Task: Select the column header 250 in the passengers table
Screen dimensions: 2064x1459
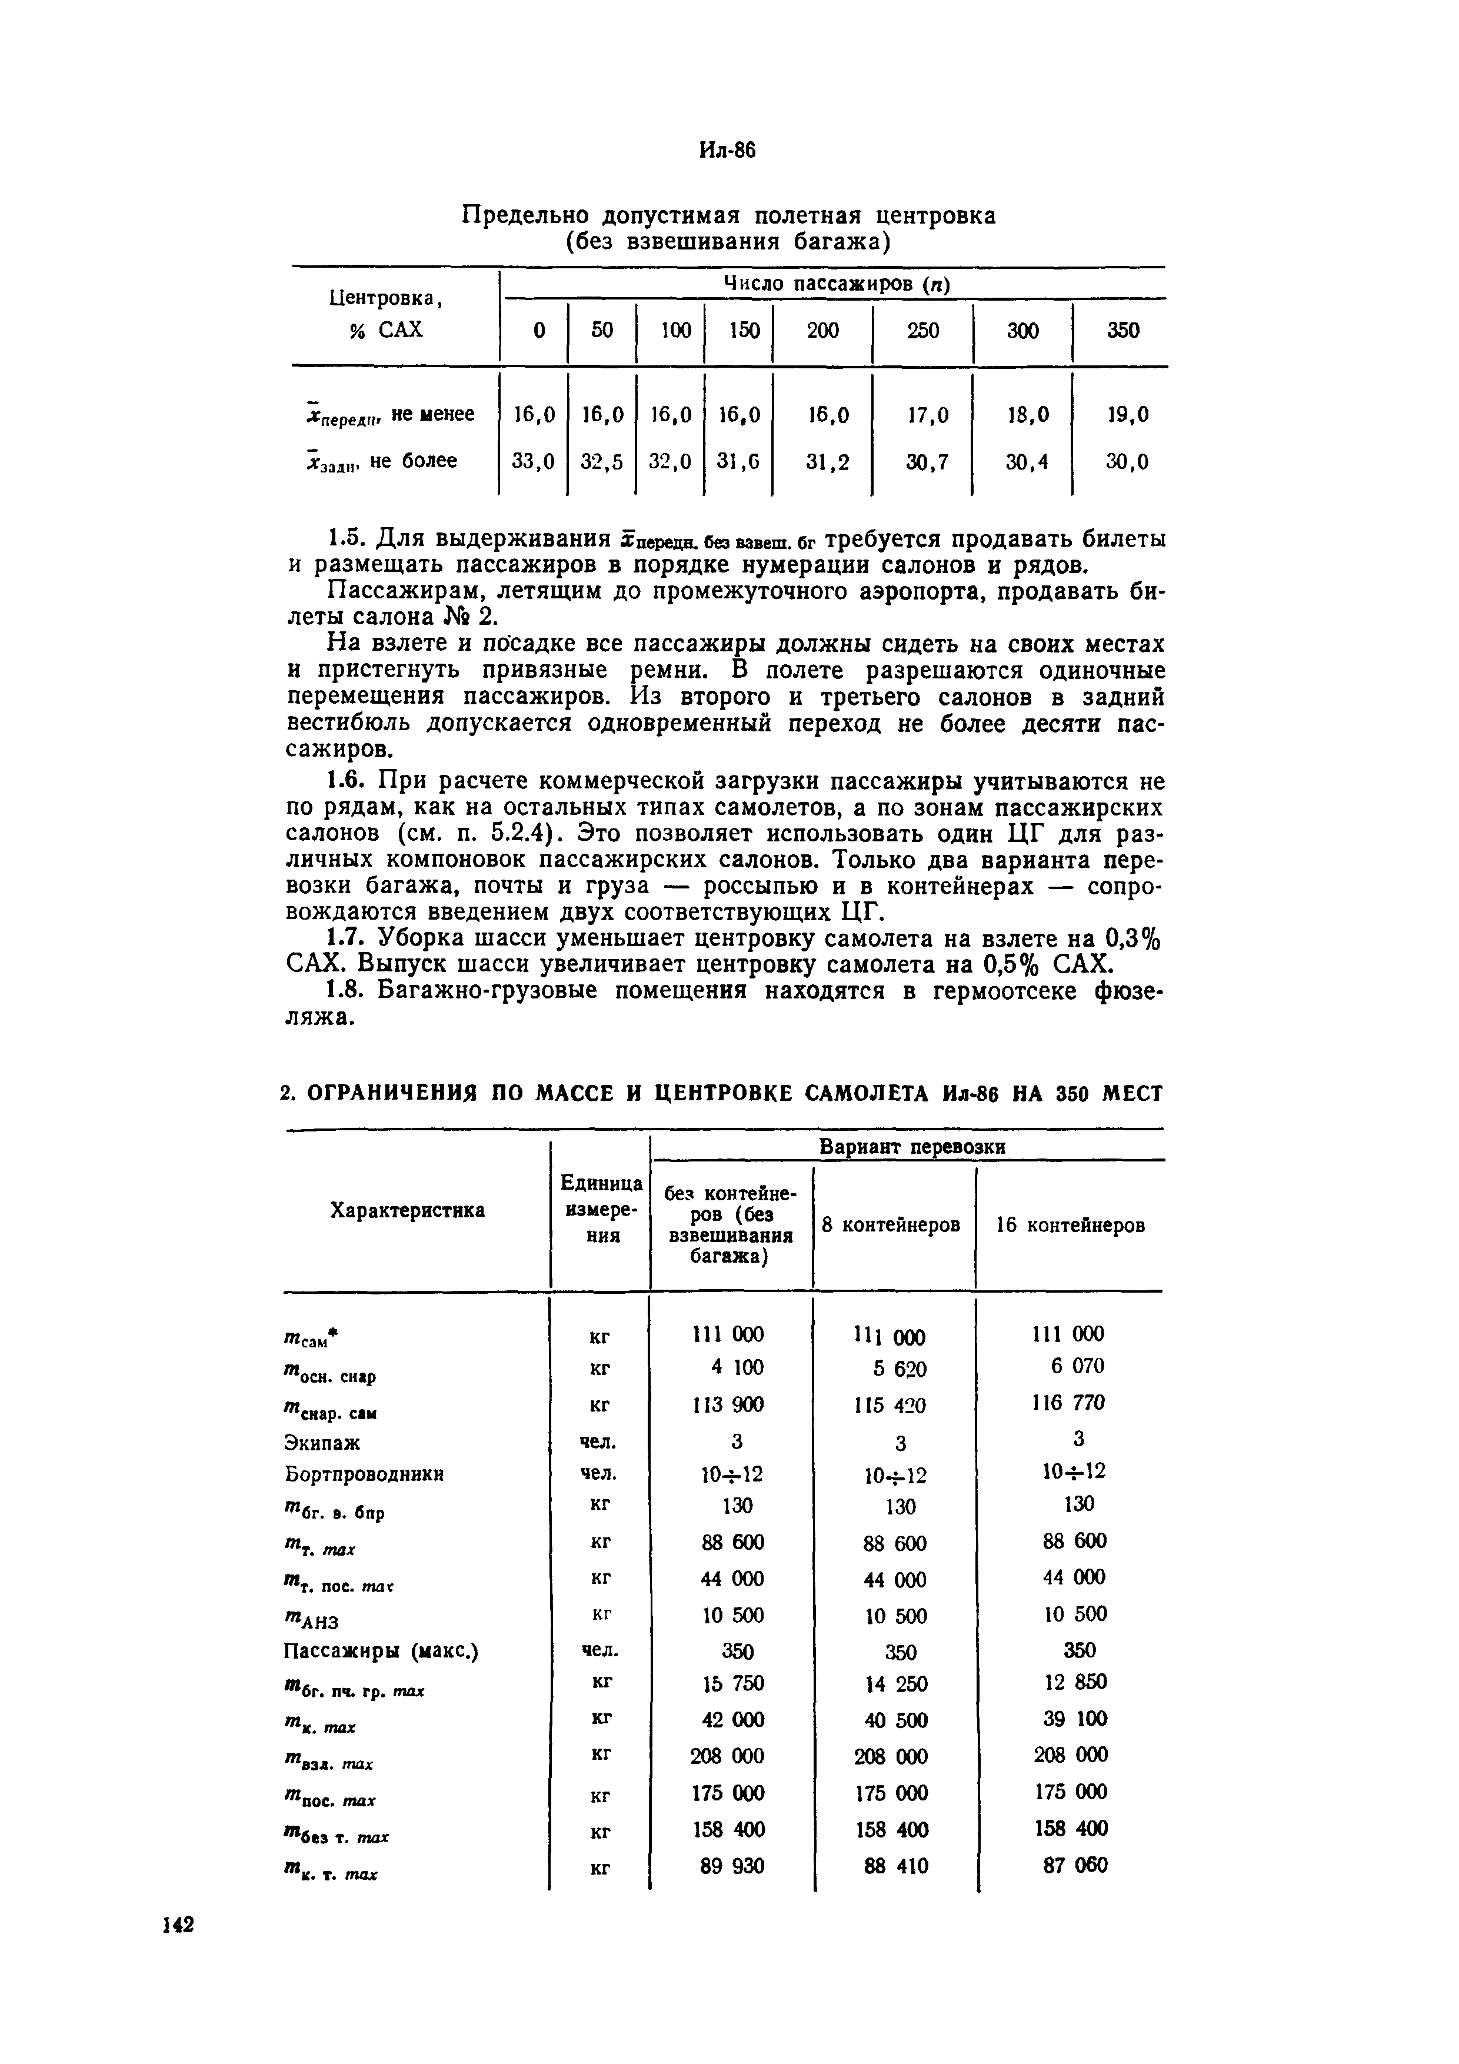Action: tap(922, 330)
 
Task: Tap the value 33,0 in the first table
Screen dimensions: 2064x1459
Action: tap(533, 461)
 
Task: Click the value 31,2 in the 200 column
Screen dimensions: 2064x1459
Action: tap(827, 461)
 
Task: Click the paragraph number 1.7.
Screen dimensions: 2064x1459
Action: tap(346, 938)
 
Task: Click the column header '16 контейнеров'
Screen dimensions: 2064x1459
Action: tap(1071, 1225)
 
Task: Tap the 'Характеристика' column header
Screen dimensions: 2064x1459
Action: tap(407, 1210)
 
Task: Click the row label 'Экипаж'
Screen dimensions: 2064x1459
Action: tap(322, 1443)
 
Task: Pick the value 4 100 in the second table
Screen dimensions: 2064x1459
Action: tap(735, 1367)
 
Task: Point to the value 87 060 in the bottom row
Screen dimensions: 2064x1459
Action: tap(1075, 1865)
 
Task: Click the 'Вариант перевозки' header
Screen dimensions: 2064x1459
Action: tap(911, 1147)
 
